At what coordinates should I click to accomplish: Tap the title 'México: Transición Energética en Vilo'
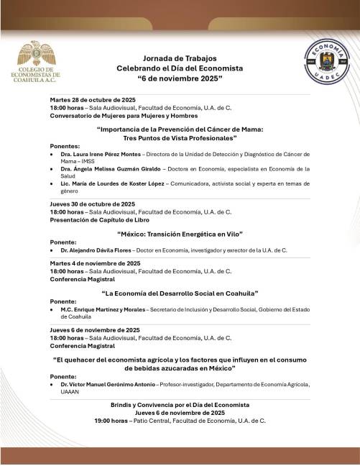(180, 234)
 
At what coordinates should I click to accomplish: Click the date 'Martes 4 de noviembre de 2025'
(91, 264)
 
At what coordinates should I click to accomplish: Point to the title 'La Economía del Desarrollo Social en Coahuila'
(180, 294)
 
